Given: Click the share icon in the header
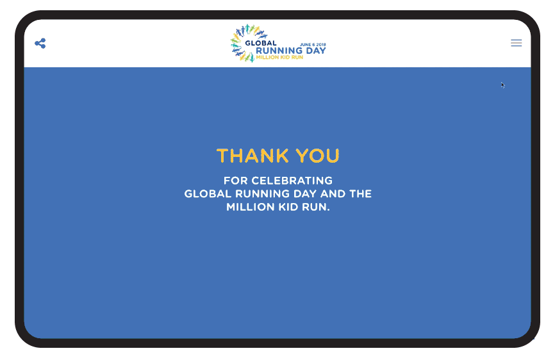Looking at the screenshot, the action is tap(40, 43).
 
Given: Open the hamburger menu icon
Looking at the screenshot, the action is tap(516, 43).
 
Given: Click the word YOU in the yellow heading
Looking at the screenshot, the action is tap(318, 156).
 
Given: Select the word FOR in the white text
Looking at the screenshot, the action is tap(235, 181).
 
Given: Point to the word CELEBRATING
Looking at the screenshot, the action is tap(292, 181).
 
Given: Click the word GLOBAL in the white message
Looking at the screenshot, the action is tap(208, 194).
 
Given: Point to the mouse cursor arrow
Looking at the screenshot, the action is tap(502, 85).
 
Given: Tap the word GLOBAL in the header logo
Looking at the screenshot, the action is tap(261, 43).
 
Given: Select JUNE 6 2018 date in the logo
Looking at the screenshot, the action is tap(313, 45).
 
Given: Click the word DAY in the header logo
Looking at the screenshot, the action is tap(316, 51).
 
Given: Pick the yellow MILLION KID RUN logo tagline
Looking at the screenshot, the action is tap(279, 57).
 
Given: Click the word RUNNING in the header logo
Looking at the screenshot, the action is tap(279, 51).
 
